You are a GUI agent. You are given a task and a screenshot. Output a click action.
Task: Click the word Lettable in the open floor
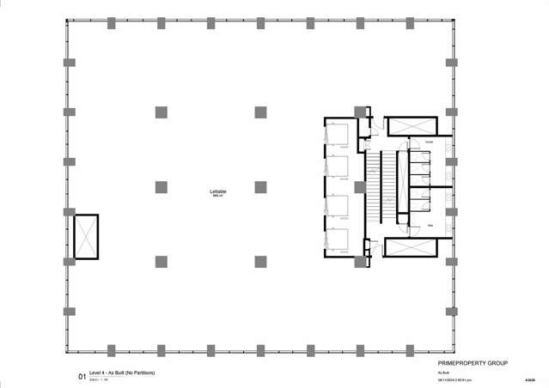pos(217,190)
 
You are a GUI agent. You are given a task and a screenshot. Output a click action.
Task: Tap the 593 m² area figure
pos(217,196)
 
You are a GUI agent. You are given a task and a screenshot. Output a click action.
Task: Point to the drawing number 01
pos(82,375)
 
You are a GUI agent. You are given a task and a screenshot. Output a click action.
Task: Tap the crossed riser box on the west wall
pos(87,237)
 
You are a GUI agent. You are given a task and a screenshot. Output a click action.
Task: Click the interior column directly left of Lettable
pos(161,186)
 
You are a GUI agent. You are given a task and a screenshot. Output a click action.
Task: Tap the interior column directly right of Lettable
pos(260,186)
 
